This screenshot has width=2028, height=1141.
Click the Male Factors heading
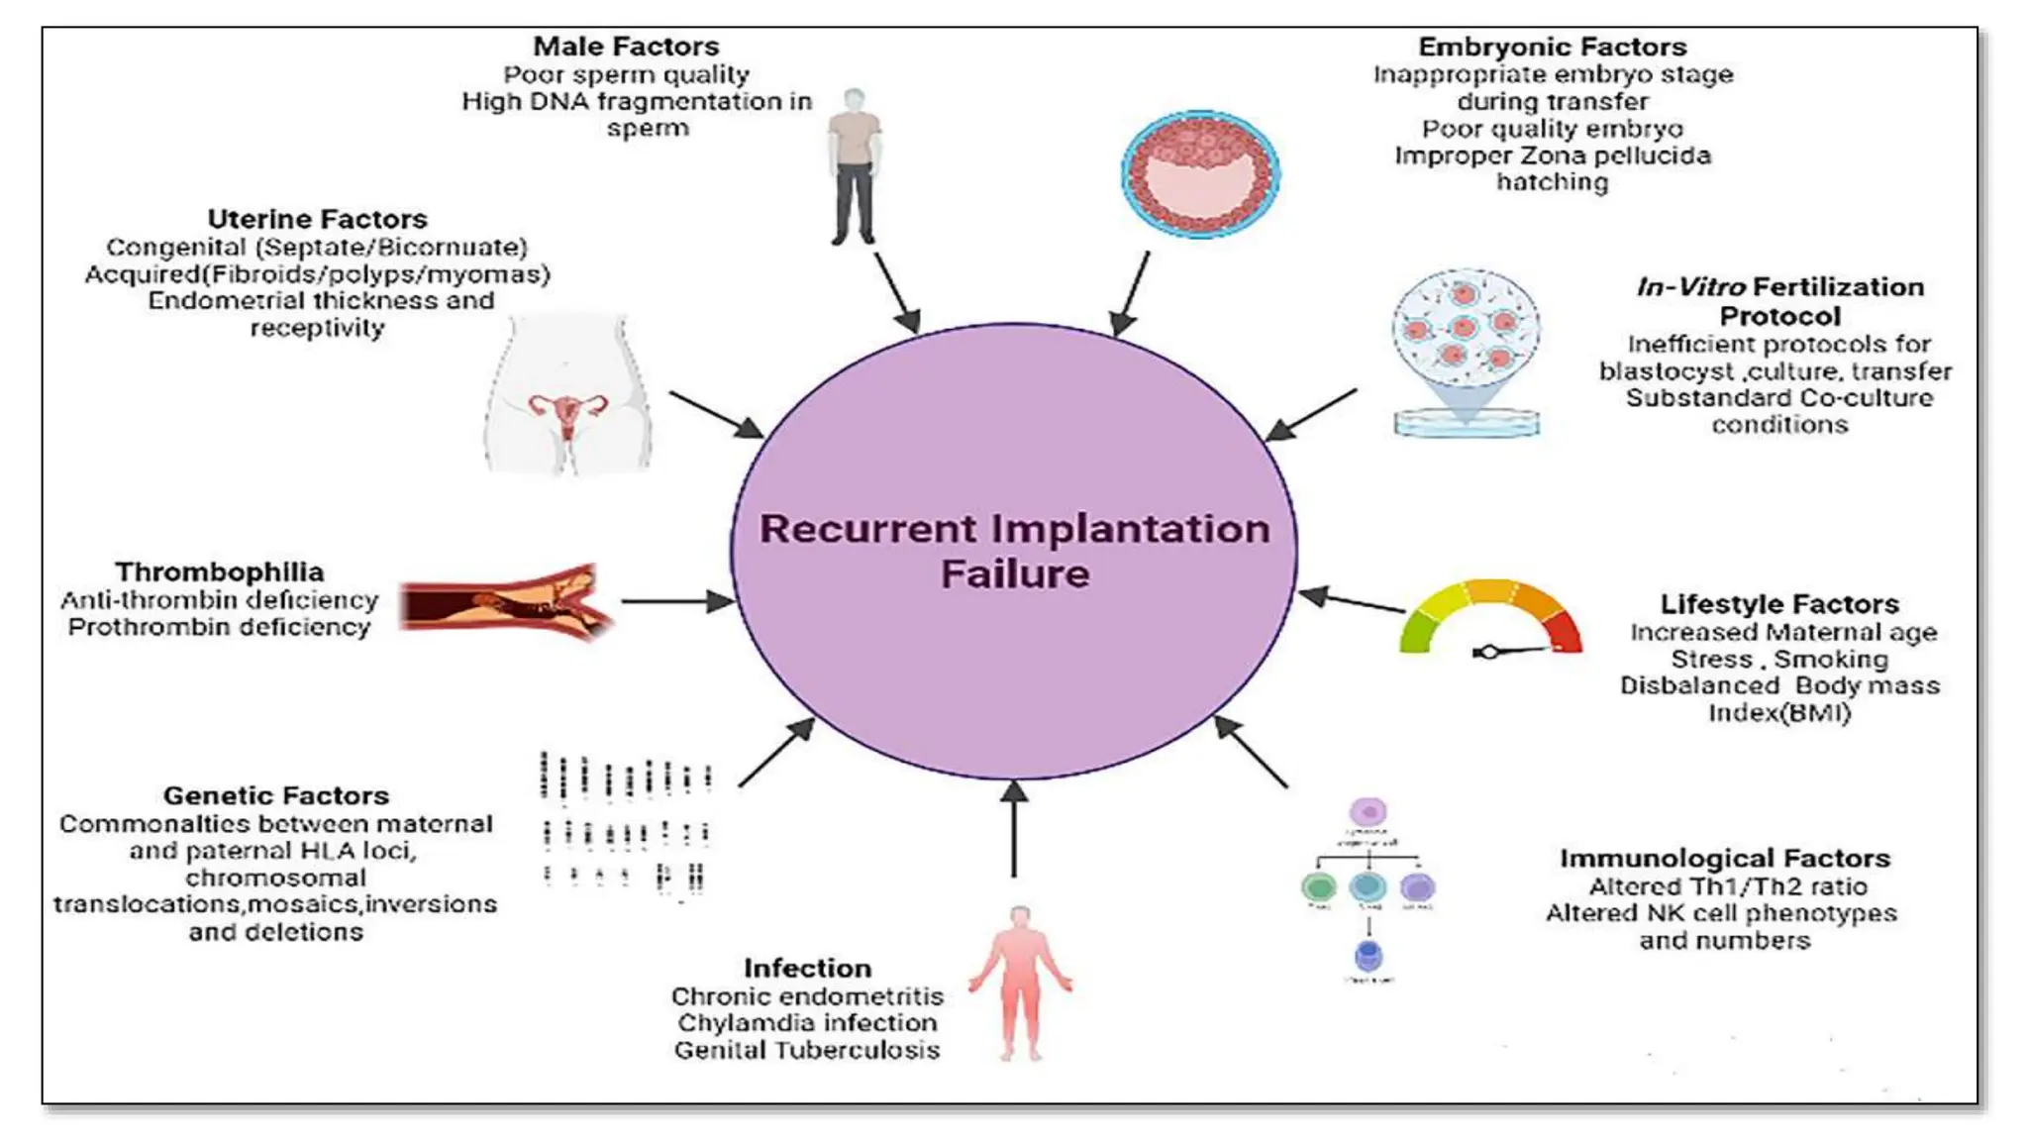pos(626,47)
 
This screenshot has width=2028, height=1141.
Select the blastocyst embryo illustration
pos(1200,174)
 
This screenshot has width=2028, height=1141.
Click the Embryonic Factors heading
pos(1552,47)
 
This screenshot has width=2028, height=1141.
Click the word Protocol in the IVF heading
pos(1779,316)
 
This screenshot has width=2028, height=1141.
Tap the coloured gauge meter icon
pos(1491,619)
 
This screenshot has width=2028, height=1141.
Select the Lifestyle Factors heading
pos(1778,603)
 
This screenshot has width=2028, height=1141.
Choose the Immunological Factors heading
pos(1724,858)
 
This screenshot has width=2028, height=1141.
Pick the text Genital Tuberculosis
pos(807,1050)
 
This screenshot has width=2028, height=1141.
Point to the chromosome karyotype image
pos(626,827)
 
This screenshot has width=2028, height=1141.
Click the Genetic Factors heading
pos(275,795)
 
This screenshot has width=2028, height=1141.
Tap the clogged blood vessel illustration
pos(507,601)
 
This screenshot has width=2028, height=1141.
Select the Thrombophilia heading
pos(219,571)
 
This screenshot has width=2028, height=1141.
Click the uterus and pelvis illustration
pos(567,396)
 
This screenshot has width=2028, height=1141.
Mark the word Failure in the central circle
pos(1014,573)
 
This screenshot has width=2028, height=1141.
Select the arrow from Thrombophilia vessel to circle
pos(677,601)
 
